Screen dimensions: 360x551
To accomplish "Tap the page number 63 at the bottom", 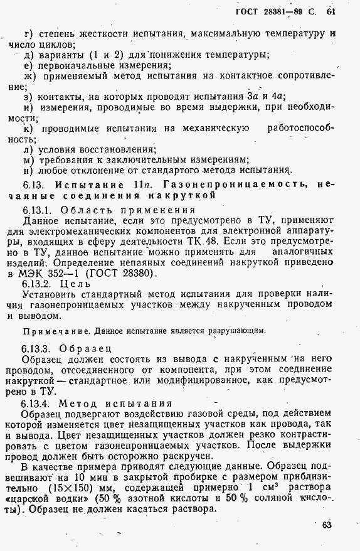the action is (326, 525).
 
